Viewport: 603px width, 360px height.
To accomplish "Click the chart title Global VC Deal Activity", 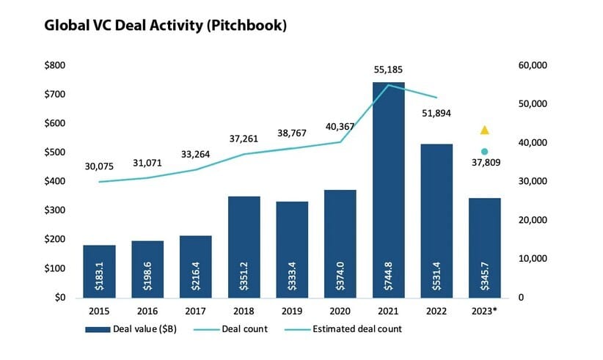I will point(165,25).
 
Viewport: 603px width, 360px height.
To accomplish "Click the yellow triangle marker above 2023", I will point(484,130).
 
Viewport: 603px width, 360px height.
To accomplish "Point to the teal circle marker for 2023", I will point(484,151).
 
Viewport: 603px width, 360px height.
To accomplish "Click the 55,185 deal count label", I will point(388,70).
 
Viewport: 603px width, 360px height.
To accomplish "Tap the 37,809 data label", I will point(484,165).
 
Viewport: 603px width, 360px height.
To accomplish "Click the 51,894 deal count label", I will point(436,113).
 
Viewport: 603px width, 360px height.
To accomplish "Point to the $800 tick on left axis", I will point(56,65).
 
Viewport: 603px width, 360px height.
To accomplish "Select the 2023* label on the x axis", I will point(485,312).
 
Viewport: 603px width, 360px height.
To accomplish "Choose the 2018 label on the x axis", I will point(244,312).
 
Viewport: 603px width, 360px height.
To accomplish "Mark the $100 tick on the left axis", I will point(56,268).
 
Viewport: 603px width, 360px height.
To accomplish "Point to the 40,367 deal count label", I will point(340,126).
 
